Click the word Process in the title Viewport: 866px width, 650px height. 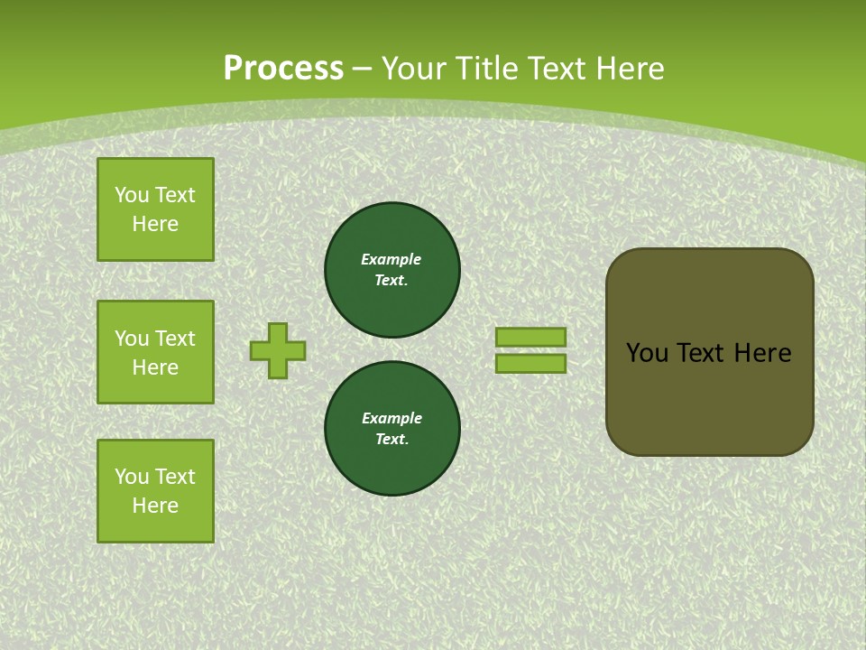click(283, 69)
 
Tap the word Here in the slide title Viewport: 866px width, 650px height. click(631, 69)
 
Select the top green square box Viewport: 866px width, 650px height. click(155, 209)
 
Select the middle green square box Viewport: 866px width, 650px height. click(155, 352)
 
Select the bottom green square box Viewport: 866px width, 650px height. click(155, 491)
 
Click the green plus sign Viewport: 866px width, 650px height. click(278, 350)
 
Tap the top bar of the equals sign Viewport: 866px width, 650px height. click(530, 337)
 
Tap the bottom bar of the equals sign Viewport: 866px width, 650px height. click(530, 364)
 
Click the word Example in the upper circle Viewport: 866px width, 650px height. click(392, 259)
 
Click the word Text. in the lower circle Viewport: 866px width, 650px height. click(392, 439)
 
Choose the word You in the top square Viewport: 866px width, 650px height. click(132, 195)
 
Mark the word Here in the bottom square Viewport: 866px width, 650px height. click(155, 506)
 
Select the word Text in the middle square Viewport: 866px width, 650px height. click(175, 339)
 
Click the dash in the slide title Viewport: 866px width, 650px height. click(362, 69)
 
